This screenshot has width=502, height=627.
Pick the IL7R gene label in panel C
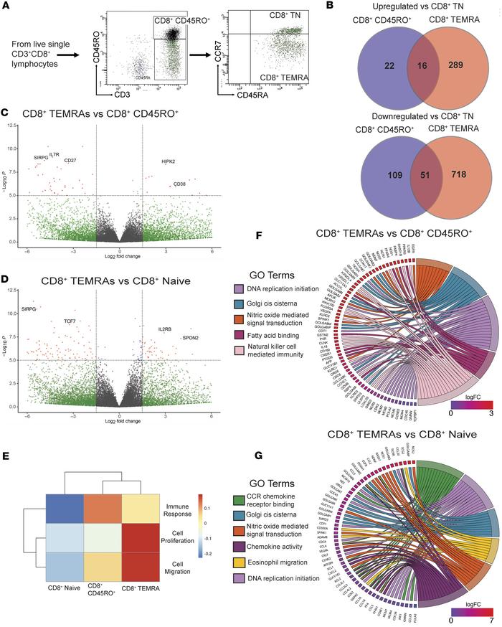[55, 154]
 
